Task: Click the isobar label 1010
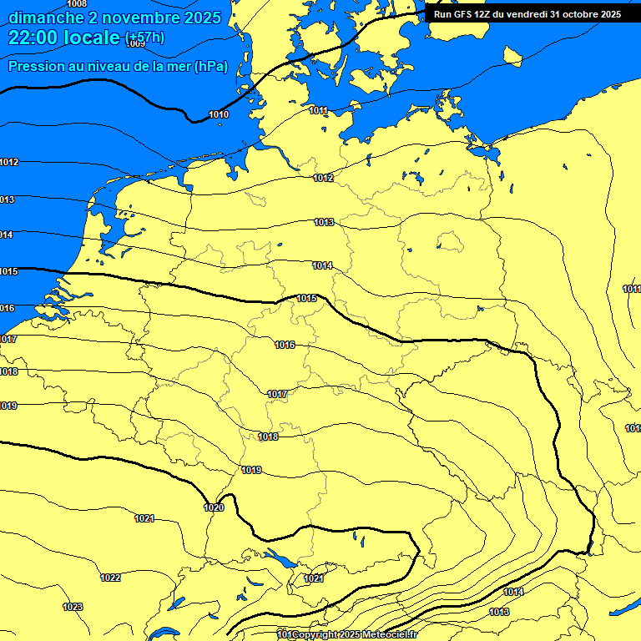click(x=219, y=114)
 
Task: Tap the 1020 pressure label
click(x=214, y=507)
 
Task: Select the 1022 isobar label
click(x=110, y=578)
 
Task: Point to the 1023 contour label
click(x=73, y=607)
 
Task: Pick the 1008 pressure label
click(x=76, y=4)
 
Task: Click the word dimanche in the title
click(x=47, y=18)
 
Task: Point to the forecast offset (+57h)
click(x=144, y=38)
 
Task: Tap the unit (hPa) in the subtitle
click(x=210, y=67)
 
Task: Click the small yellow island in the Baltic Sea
click(x=512, y=56)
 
